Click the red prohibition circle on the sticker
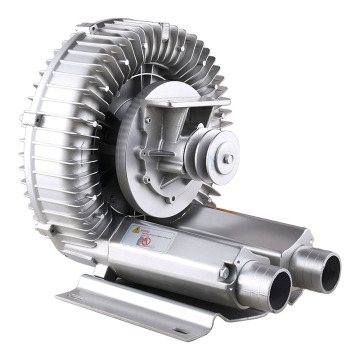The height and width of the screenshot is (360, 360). pyautogui.click(x=145, y=241)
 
